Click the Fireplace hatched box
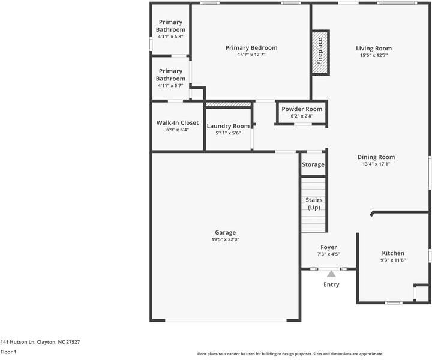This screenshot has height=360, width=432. click(320, 52)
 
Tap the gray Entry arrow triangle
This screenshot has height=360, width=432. click(331, 274)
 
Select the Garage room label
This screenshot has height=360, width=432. click(226, 232)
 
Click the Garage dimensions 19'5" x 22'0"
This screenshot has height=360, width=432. click(226, 239)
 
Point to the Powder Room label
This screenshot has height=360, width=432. click(302, 109)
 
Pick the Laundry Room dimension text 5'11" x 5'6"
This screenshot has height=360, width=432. click(228, 133)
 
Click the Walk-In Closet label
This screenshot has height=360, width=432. click(178, 123)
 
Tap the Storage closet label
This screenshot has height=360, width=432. click(313, 164)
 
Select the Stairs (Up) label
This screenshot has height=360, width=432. click(314, 204)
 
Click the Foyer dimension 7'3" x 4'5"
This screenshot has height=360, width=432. click(328, 254)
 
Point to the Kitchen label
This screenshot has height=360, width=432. click(393, 253)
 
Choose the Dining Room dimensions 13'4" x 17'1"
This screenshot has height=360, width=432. click(376, 164)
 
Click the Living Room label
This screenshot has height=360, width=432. click(374, 49)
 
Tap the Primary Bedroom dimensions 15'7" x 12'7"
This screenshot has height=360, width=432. click(251, 55)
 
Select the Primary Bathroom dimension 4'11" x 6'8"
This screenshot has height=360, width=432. click(170, 37)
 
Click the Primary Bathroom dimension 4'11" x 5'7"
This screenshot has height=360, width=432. click(170, 86)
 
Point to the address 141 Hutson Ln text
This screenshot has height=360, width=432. click(17, 342)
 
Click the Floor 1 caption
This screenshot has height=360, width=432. click(8, 352)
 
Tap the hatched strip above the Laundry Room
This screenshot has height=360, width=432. click(229, 104)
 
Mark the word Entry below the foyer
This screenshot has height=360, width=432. click(331, 284)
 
